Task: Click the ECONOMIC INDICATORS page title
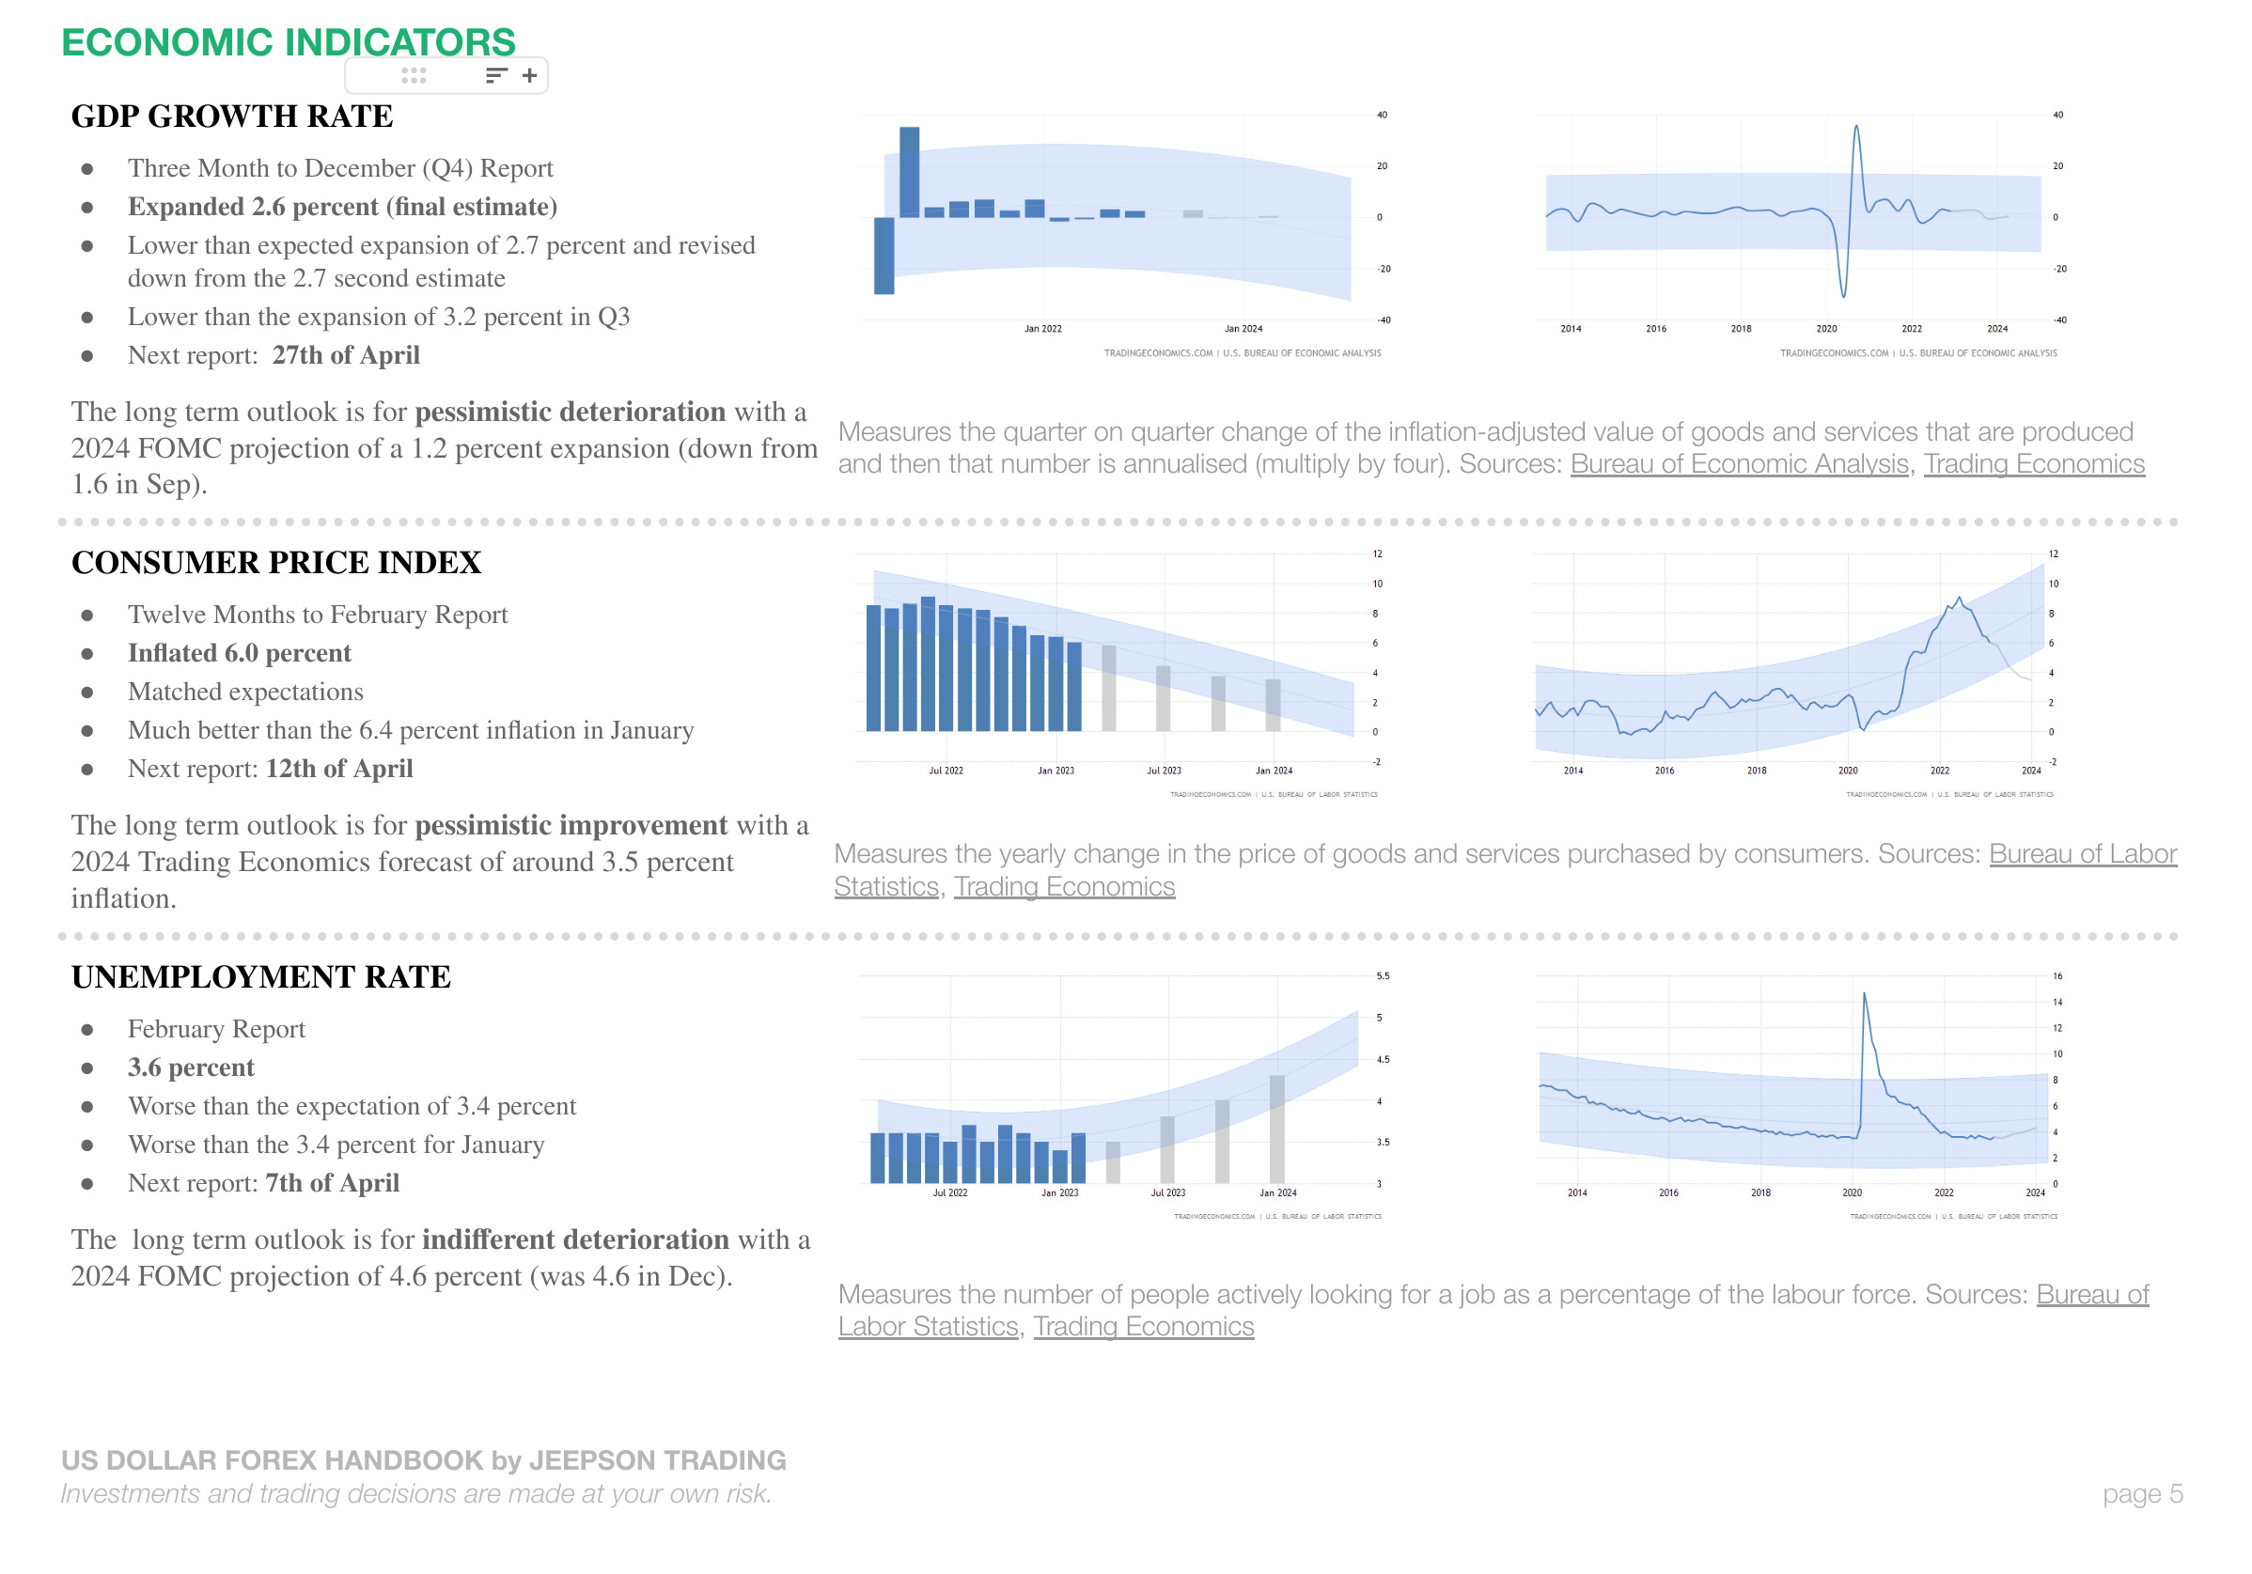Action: [288, 41]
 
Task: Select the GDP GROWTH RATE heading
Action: [231, 116]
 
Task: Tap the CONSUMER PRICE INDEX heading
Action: [275, 562]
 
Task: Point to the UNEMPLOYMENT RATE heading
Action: [260, 976]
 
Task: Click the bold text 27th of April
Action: [345, 355]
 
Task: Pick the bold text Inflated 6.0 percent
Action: [239, 653]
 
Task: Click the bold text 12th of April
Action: [338, 769]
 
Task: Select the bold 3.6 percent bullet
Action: [190, 1067]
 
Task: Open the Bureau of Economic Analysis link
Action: [1739, 464]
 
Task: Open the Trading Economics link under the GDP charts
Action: [2033, 464]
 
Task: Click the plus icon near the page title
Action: [530, 75]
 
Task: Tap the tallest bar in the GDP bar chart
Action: [909, 172]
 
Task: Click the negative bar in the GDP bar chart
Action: [884, 255]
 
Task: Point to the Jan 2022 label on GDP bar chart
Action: [1042, 329]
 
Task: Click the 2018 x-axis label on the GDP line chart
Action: [1741, 329]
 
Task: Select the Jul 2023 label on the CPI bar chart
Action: [1165, 771]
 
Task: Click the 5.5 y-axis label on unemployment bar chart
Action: [1383, 976]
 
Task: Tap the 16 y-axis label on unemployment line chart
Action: [2057, 976]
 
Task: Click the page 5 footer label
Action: [2142, 1493]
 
